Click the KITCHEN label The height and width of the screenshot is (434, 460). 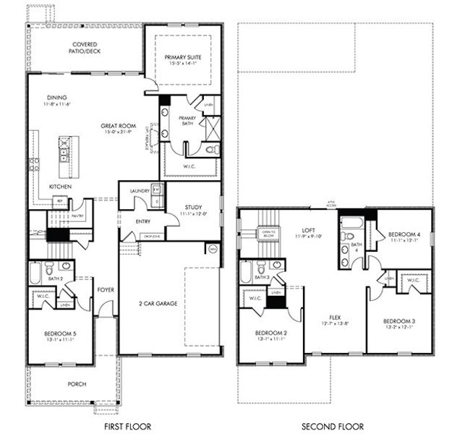pyautogui.click(x=60, y=187)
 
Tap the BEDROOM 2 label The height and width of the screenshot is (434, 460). pyautogui.click(x=268, y=333)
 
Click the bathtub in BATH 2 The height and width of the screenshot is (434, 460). pyautogui.click(x=35, y=273)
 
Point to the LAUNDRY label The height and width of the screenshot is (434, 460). pyautogui.click(x=140, y=191)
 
